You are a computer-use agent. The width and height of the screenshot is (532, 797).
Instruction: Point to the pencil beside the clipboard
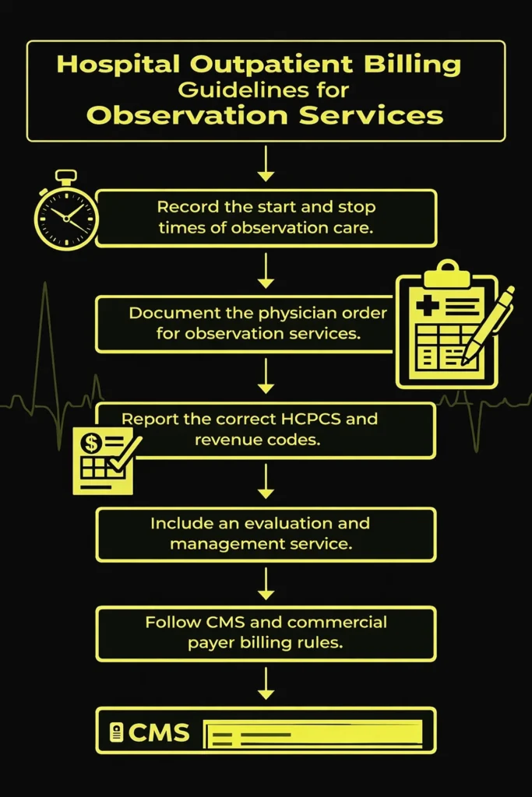[x=488, y=326]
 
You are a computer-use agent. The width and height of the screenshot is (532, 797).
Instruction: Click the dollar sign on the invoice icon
[x=92, y=444]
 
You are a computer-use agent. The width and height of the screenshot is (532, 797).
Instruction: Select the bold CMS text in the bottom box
[x=158, y=732]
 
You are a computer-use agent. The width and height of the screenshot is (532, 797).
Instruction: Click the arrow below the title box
[x=266, y=162]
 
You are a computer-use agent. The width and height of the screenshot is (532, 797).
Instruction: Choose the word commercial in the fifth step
[x=336, y=623]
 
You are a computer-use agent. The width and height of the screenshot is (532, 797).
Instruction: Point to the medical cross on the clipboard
[x=427, y=306]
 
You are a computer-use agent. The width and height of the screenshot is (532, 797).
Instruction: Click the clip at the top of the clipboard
[x=447, y=272]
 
